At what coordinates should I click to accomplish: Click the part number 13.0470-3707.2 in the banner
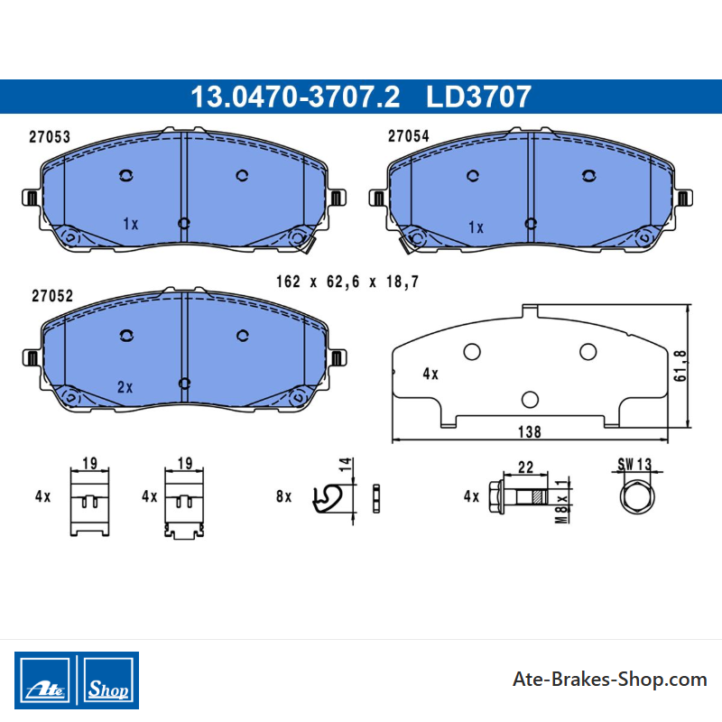(x=295, y=97)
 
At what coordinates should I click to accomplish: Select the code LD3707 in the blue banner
(x=479, y=97)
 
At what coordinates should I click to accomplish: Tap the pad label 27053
(x=50, y=137)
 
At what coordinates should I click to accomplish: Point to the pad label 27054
(x=409, y=136)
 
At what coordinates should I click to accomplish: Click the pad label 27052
(x=52, y=296)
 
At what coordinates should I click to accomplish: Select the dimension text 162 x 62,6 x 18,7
(x=347, y=282)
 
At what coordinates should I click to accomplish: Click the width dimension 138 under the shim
(x=530, y=432)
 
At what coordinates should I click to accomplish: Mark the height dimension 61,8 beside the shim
(x=680, y=366)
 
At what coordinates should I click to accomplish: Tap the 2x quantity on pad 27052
(x=125, y=387)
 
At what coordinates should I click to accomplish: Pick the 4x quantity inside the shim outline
(x=430, y=374)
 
